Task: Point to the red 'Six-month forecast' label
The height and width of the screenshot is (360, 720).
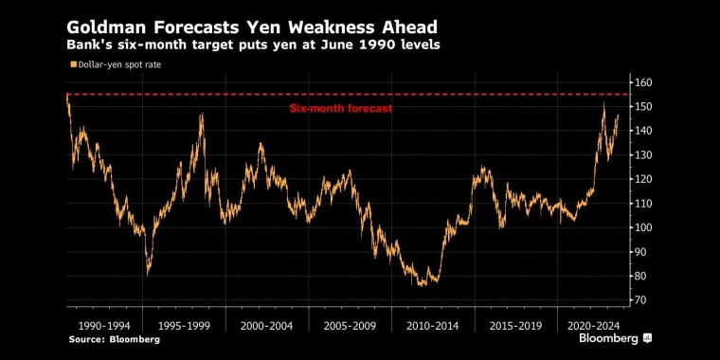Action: pos(340,109)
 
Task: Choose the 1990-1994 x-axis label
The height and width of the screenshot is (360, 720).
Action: pos(103,324)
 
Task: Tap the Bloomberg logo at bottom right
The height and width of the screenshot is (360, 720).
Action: pos(616,337)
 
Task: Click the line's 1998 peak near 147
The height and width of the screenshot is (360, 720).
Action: pos(201,114)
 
